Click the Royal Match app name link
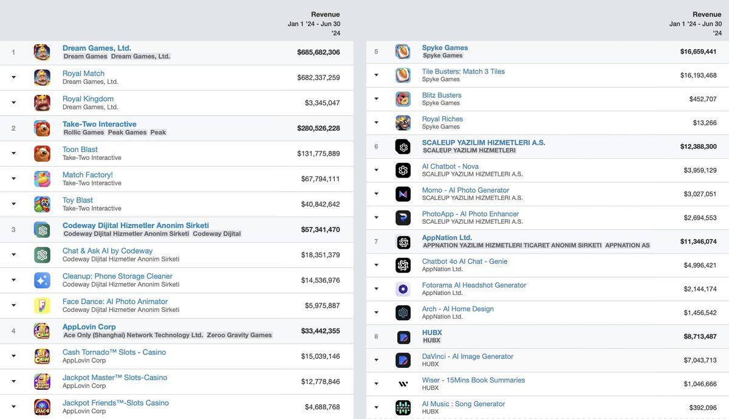tap(83, 74)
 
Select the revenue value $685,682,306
tap(318, 52)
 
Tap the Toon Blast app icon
tap(42, 153)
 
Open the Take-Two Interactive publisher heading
tap(99, 124)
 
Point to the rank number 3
tap(13, 230)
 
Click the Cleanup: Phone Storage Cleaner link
tap(117, 276)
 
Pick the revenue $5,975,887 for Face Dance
tap(322, 306)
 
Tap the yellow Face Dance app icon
tap(42, 305)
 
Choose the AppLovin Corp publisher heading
tap(89, 327)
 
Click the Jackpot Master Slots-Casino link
tap(114, 378)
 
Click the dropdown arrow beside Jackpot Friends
tap(13, 407)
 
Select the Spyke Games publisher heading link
tap(445, 47)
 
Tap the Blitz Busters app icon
tap(403, 99)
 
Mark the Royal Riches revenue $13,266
tap(705, 123)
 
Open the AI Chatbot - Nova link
tap(450, 166)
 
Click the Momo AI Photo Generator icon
tap(403, 194)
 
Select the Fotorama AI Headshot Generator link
tap(474, 285)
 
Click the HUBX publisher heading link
tap(432, 333)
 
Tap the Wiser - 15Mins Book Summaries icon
tap(403, 384)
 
